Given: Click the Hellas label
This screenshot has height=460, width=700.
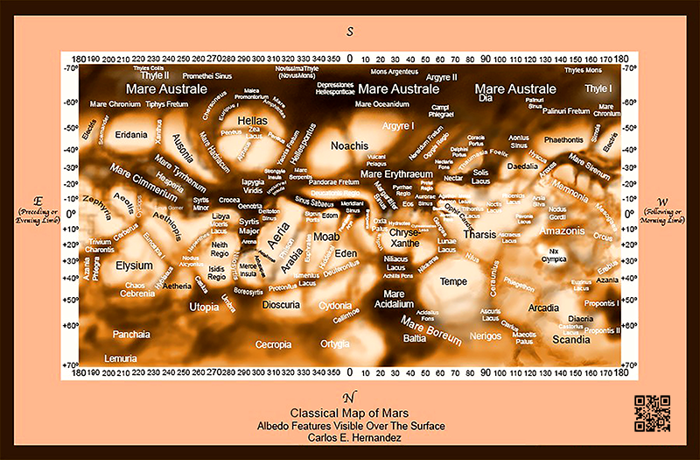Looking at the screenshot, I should tap(252, 121).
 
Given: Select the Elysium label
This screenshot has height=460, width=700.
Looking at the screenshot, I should tap(135, 265).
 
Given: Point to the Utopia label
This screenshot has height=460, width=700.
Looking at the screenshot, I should tap(204, 308).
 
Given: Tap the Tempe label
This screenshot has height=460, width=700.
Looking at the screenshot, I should tap(453, 281).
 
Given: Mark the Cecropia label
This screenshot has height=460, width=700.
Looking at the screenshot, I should tap(273, 345).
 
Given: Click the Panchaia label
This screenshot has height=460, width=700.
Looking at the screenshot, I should tap(131, 334).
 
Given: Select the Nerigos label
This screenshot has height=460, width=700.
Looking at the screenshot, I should tap(486, 336).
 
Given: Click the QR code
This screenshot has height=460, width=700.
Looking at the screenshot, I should tap(652, 414).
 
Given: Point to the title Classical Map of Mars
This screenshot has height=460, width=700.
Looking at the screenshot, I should tap(350, 413).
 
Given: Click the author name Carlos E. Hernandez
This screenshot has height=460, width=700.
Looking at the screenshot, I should tap(350, 439).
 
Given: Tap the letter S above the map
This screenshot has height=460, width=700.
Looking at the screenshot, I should tap(350, 32).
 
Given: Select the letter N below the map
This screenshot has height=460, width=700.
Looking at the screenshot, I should tap(350, 397).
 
